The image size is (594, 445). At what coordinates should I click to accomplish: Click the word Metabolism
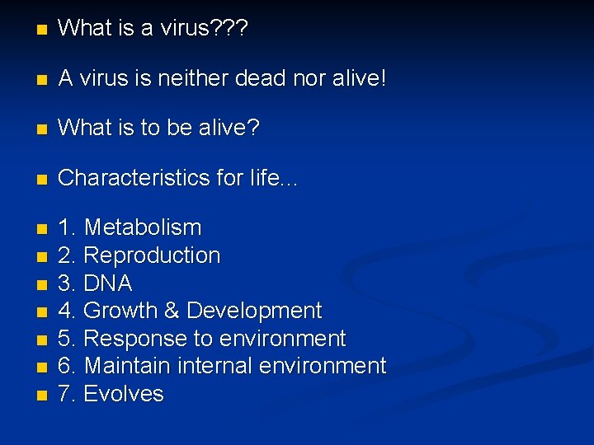pos(143,227)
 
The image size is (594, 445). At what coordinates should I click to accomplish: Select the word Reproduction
pos(152,255)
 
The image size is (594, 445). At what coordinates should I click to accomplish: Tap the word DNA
pos(108,283)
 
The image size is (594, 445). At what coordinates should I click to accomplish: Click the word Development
pos(254,311)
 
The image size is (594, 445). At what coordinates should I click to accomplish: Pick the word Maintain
pos(128,366)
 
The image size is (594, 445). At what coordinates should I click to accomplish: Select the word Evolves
pos(124,394)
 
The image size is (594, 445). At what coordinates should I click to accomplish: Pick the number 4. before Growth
pos(68,311)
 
